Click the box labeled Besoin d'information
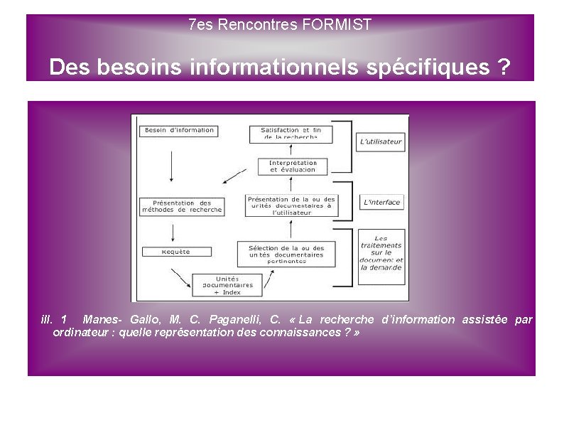pyautogui.click(x=179, y=131)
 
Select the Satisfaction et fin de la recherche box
pyautogui.click(x=291, y=134)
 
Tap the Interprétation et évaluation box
pyautogui.click(x=292, y=166)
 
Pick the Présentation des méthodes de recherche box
pyautogui.click(x=182, y=206)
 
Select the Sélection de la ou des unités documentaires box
pyautogui.click(x=286, y=255)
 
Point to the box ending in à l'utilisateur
pyautogui.click(x=291, y=205)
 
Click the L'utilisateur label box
pyautogui.click(x=381, y=141)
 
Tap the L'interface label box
pyautogui.click(x=381, y=203)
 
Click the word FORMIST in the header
pyautogui.click(x=337, y=25)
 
